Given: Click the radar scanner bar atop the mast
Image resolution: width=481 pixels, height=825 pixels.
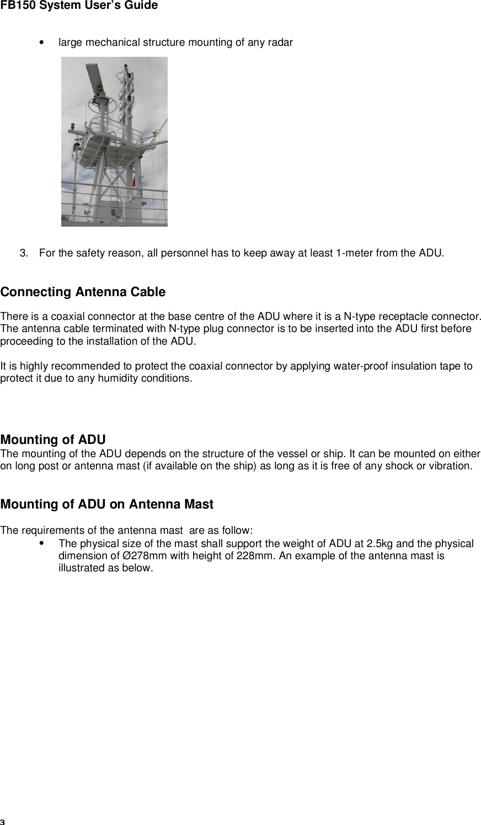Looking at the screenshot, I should [93, 77].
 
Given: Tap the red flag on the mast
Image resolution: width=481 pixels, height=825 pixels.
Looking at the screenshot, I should [133, 181].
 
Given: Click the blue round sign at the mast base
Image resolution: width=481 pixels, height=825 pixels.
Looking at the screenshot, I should [113, 211].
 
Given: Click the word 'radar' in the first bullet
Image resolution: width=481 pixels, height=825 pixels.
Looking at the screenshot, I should [281, 42].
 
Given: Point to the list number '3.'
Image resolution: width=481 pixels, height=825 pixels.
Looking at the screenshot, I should [25, 254].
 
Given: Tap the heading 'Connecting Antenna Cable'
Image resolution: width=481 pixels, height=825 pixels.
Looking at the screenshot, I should [83, 292].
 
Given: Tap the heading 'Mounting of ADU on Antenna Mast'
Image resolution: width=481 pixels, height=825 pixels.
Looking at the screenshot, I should [107, 504].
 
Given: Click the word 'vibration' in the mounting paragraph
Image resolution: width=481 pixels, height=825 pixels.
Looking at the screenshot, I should [450, 466].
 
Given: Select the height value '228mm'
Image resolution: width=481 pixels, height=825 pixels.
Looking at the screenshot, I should [252, 556].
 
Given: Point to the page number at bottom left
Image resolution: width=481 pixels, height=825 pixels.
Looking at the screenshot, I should [3, 821].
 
